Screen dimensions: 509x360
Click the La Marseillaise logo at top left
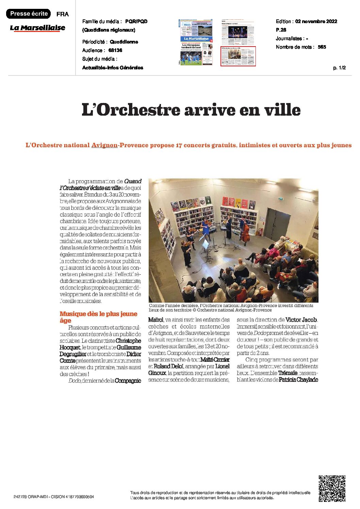coord(37,28)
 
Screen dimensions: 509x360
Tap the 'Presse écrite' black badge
coord(29,14)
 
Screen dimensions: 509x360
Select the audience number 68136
coord(115,50)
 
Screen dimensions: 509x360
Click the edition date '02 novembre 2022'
coord(316,21)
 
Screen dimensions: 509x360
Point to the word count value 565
coord(322,47)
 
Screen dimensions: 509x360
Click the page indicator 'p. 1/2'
coord(339,68)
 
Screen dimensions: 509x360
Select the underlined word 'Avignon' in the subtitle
coord(104,145)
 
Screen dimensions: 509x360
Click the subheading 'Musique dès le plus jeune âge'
coord(98,317)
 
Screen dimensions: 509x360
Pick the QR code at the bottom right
coord(332,488)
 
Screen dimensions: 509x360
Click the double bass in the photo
coord(246,235)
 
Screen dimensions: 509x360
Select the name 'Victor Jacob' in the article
coord(301,320)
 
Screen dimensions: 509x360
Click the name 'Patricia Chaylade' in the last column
coord(298,380)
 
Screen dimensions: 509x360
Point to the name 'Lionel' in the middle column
coord(223,367)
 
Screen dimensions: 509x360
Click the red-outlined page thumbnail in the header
coord(238,56)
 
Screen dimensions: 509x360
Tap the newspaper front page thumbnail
coord(196,42)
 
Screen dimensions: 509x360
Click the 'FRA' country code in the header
coord(63,14)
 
